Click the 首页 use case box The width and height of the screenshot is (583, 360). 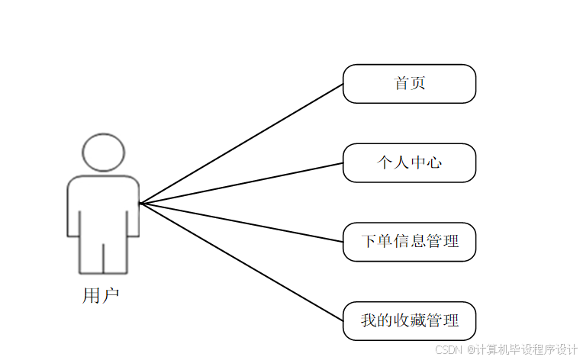[x=409, y=84]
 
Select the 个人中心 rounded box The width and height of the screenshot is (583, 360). [x=409, y=162]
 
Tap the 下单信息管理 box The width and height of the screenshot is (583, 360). [x=409, y=242]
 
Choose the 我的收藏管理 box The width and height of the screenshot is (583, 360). [x=409, y=320]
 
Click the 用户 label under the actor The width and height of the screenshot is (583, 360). [x=101, y=296]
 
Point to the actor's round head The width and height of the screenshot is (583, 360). [x=103, y=153]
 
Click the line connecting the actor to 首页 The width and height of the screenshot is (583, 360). [x=241, y=143]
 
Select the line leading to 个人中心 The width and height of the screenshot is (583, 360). [x=241, y=183]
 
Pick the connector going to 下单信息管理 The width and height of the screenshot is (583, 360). [x=241, y=223]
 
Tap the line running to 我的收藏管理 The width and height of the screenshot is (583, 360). [x=241, y=262]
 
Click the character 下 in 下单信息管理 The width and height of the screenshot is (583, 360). [x=369, y=242]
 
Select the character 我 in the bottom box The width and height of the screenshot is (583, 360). [x=369, y=320]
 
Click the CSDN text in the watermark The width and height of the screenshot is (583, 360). [x=449, y=349]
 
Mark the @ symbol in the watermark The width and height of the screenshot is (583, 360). [x=471, y=349]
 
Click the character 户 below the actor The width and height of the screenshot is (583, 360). [x=110, y=296]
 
